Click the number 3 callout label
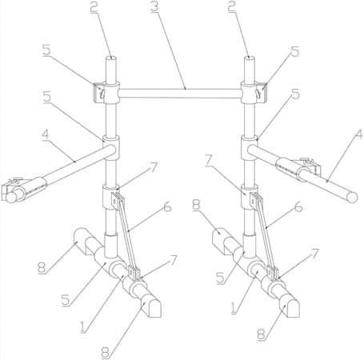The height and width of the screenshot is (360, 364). tap(155, 6)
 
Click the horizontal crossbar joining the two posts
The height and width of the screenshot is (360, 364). tap(180, 94)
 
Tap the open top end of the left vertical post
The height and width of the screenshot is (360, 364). tap(111, 58)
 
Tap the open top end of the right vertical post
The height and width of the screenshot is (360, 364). tap(250, 58)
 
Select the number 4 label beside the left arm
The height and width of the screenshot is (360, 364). tap(46, 135)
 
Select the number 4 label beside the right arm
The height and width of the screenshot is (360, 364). tap(358, 134)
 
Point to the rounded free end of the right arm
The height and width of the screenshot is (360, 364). tap(352, 198)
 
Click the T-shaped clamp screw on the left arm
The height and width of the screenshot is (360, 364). tap(15, 180)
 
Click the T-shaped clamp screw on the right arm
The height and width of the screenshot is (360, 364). tap(306, 160)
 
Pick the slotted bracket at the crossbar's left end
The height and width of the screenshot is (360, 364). tap(98, 93)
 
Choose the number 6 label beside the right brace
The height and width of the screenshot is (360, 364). tap(298, 206)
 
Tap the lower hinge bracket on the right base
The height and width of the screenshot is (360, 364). tap(273, 274)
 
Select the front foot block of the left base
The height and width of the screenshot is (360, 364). tap(150, 307)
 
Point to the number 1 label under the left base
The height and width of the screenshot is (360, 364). tap(83, 326)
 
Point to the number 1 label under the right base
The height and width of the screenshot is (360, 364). tap(234, 308)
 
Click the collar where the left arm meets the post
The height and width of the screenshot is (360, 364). tap(111, 148)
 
